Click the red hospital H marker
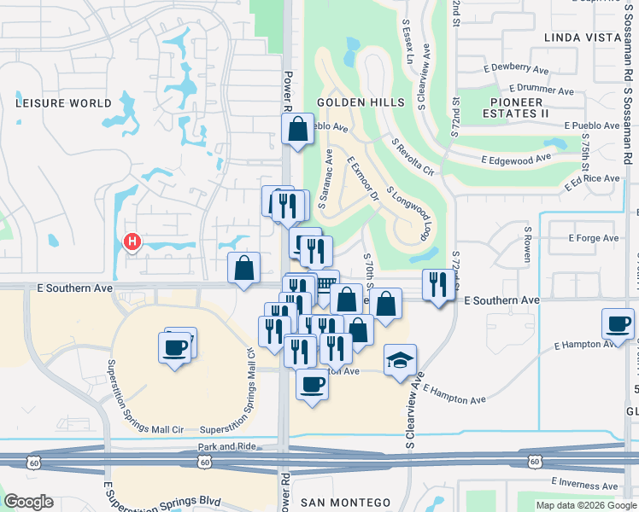point(132,242)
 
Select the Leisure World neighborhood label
point(63,103)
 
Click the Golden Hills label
point(361,102)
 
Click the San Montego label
point(345,503)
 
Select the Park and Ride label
point(226,446)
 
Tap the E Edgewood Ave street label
point(516,160)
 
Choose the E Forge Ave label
point(594,238)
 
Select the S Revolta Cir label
point(413,158)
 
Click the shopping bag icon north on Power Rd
point(298,131)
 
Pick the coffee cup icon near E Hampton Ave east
point(618,324)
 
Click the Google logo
point(28,502)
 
